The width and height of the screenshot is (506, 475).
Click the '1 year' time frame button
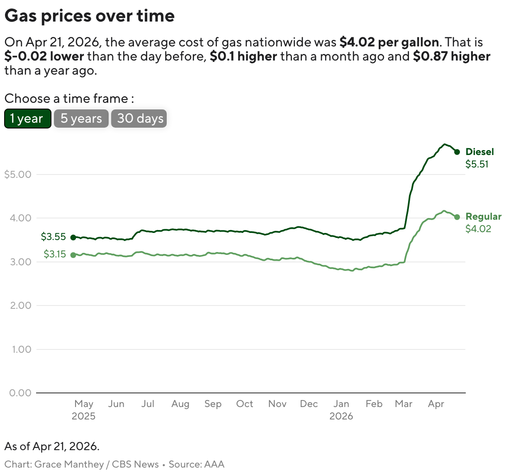[x=27, y=119]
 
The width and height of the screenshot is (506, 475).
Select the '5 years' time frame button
[x=81, y=119]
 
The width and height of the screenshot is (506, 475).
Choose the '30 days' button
[x=139, y=119]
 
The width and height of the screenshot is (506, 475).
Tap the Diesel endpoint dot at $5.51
[x=457, y=152]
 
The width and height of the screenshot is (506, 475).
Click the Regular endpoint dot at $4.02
[x=457, y=217]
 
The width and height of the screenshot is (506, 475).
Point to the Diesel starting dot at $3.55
[x=73, y=237]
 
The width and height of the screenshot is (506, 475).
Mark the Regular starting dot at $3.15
[x=73, y=255]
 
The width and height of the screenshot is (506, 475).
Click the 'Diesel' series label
[x=479, y=152]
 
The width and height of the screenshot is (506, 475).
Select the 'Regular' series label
[x=483, y=216]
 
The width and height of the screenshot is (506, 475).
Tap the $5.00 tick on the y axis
[x=18, y=174]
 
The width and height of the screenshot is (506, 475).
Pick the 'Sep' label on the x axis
[x=213, y=404]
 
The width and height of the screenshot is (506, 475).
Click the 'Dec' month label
[x=309, y=404]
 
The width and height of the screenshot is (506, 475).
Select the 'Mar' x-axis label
[x=404, y=404]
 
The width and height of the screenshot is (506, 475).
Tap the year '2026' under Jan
[x=341, y=416]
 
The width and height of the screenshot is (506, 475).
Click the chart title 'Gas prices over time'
[x=90, y=16]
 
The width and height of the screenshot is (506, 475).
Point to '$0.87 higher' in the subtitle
[x=452, y=56]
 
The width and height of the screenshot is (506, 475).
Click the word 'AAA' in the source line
[x=214, y=464]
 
